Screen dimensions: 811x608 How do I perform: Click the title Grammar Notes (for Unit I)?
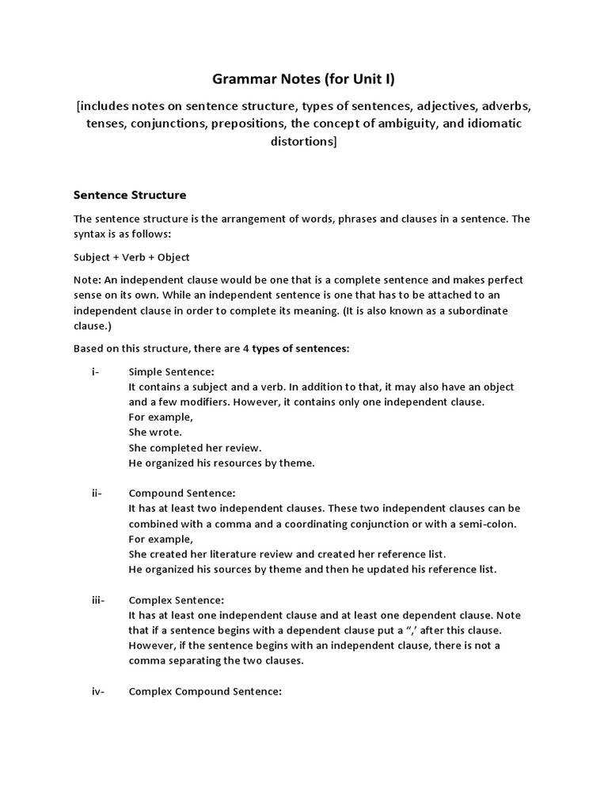pyautogui.click(x=303, y=78)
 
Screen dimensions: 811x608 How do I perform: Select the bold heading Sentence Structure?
pyautogui.click(x=129, y=194)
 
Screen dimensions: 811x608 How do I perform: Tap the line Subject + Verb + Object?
pyautogui.click(x=131, y=257)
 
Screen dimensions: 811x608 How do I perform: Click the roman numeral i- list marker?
pyautogui.click(x=96, y=372)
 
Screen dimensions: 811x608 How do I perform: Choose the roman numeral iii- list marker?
pyautogui.click(x=98, y=600)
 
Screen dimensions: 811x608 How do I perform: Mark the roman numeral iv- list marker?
pyautogui.click(x=98, y=691)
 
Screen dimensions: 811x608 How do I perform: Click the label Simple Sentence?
pyautogui.click(x=171, y=372)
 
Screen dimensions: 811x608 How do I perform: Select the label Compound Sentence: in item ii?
pyautogui.click(x=182, y=493)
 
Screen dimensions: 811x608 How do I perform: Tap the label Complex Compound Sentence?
pyautogui.click(x=205, y=691)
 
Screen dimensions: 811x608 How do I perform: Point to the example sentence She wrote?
pyautogui.click(x=155, y=432)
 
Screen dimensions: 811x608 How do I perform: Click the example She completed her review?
pyautogui.click(x=195, y=447)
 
